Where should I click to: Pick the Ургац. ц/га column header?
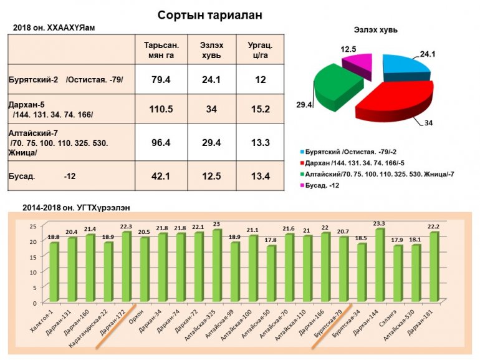click(258, 49)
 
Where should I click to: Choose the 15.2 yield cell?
click(258, 110)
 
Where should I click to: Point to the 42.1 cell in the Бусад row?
click(161, 176)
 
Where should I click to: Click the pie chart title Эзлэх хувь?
click(377, 29)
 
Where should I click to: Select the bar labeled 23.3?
click(380, 265)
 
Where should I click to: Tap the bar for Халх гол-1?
click(54, 272)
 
